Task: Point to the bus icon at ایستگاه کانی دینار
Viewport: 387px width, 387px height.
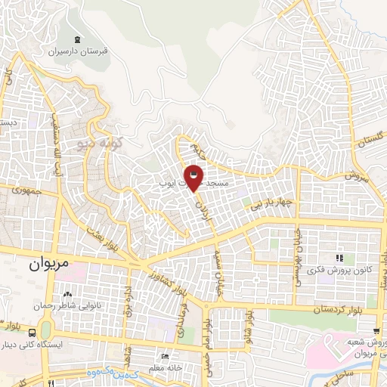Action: click(x=32, y=332)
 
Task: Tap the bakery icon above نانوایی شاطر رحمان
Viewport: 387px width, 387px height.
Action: click(x=68, y=295)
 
